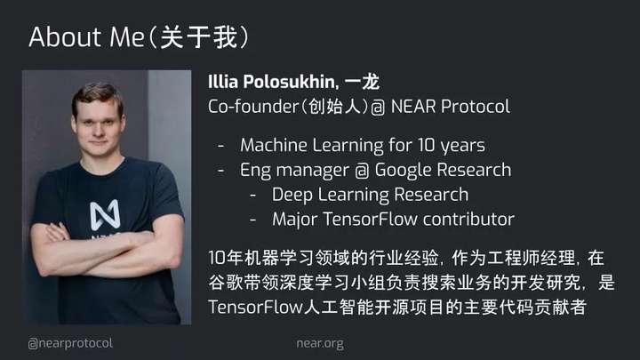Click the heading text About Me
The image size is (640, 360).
tap(86, 36)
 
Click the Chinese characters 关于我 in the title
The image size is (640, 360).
tap(198, 37)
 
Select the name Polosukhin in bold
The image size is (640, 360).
tap(291, 82)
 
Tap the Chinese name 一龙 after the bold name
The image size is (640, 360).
tap(362, 82)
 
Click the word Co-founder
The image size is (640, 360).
tap(253, 107)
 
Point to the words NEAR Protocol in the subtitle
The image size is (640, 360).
tap(450, 107)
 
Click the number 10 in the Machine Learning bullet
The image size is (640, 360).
tap(426, 145)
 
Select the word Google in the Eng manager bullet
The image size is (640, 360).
tap(403, 171)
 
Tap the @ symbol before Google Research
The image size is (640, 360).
tap(362, 171)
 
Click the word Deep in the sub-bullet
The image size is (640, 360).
tap(292, 195)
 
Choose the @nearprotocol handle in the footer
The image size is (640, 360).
tap(70, 343)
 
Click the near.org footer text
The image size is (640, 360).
tap(320, 343)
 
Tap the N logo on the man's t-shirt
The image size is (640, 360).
tap(105, 214)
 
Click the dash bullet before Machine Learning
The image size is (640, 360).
tap(220, 146)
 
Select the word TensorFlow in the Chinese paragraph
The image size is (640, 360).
tap(255, 308)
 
